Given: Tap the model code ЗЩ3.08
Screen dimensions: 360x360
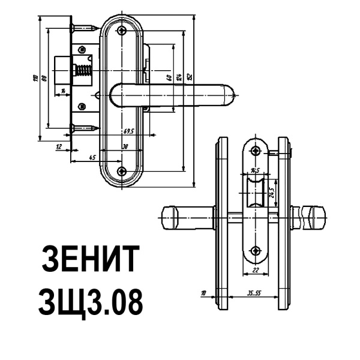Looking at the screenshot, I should [91, 302].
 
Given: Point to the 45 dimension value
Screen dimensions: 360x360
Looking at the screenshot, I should [76, 157].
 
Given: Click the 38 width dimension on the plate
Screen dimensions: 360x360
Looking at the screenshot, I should [124, 146].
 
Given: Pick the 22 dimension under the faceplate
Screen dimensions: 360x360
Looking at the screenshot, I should [256, 271].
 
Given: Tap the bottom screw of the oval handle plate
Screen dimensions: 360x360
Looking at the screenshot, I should [123, 172].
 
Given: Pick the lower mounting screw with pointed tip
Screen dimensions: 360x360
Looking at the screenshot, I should [84, 127].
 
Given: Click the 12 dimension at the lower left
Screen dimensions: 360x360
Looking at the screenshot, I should [58, 146].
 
